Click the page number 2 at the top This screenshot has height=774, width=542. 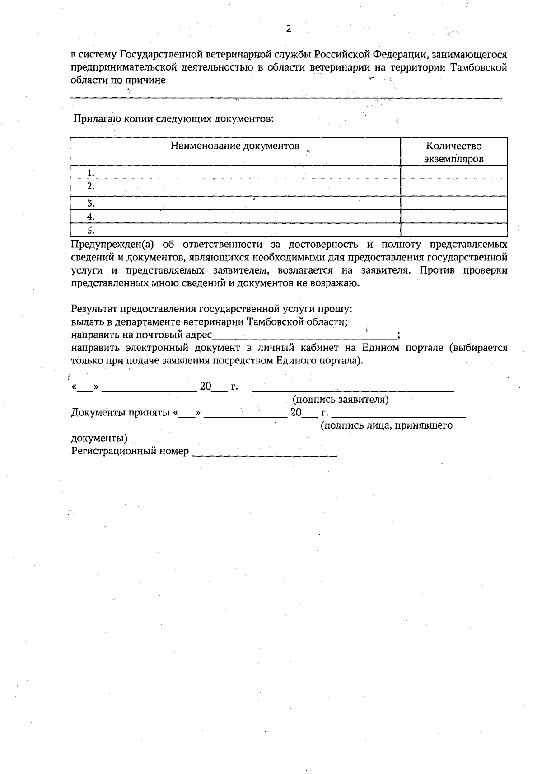[x=289, y=29]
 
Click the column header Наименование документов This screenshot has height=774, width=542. [x=235, y=146]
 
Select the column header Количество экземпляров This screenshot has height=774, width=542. [x=454, y=152]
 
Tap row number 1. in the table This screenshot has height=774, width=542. [x=91, y=173]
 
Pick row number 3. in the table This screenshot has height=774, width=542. [x=91, y=203]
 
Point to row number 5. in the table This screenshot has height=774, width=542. [x=91, y=231]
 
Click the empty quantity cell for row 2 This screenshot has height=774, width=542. [x=454, y=187]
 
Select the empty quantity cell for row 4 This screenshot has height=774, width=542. [x=454, y=217]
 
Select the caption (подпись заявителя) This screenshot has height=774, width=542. [x=341, y=400]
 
